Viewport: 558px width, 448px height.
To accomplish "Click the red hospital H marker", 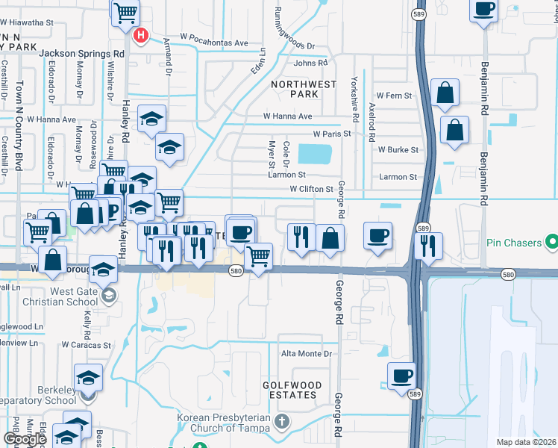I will [x=139, y=35].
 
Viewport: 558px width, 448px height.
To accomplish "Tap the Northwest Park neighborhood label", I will [x=304, y=90].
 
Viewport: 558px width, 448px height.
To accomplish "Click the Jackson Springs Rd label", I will [x=81, y=54].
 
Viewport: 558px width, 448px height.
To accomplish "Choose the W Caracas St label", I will [x=86, y=345].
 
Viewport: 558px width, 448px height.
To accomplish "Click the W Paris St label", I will [x=332, y=134].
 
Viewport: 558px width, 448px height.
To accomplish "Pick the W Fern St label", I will [x=394, y=96].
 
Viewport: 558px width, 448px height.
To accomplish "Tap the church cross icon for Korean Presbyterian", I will [x=281, y=422].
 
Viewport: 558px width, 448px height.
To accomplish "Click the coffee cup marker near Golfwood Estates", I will [x=401, y=376].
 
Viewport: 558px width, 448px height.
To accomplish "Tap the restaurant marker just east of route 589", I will [x=428, y=245].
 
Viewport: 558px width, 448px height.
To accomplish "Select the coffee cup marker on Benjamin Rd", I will [x=483, y=9].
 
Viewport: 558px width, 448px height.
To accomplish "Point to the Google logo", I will [x=25, y=439].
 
